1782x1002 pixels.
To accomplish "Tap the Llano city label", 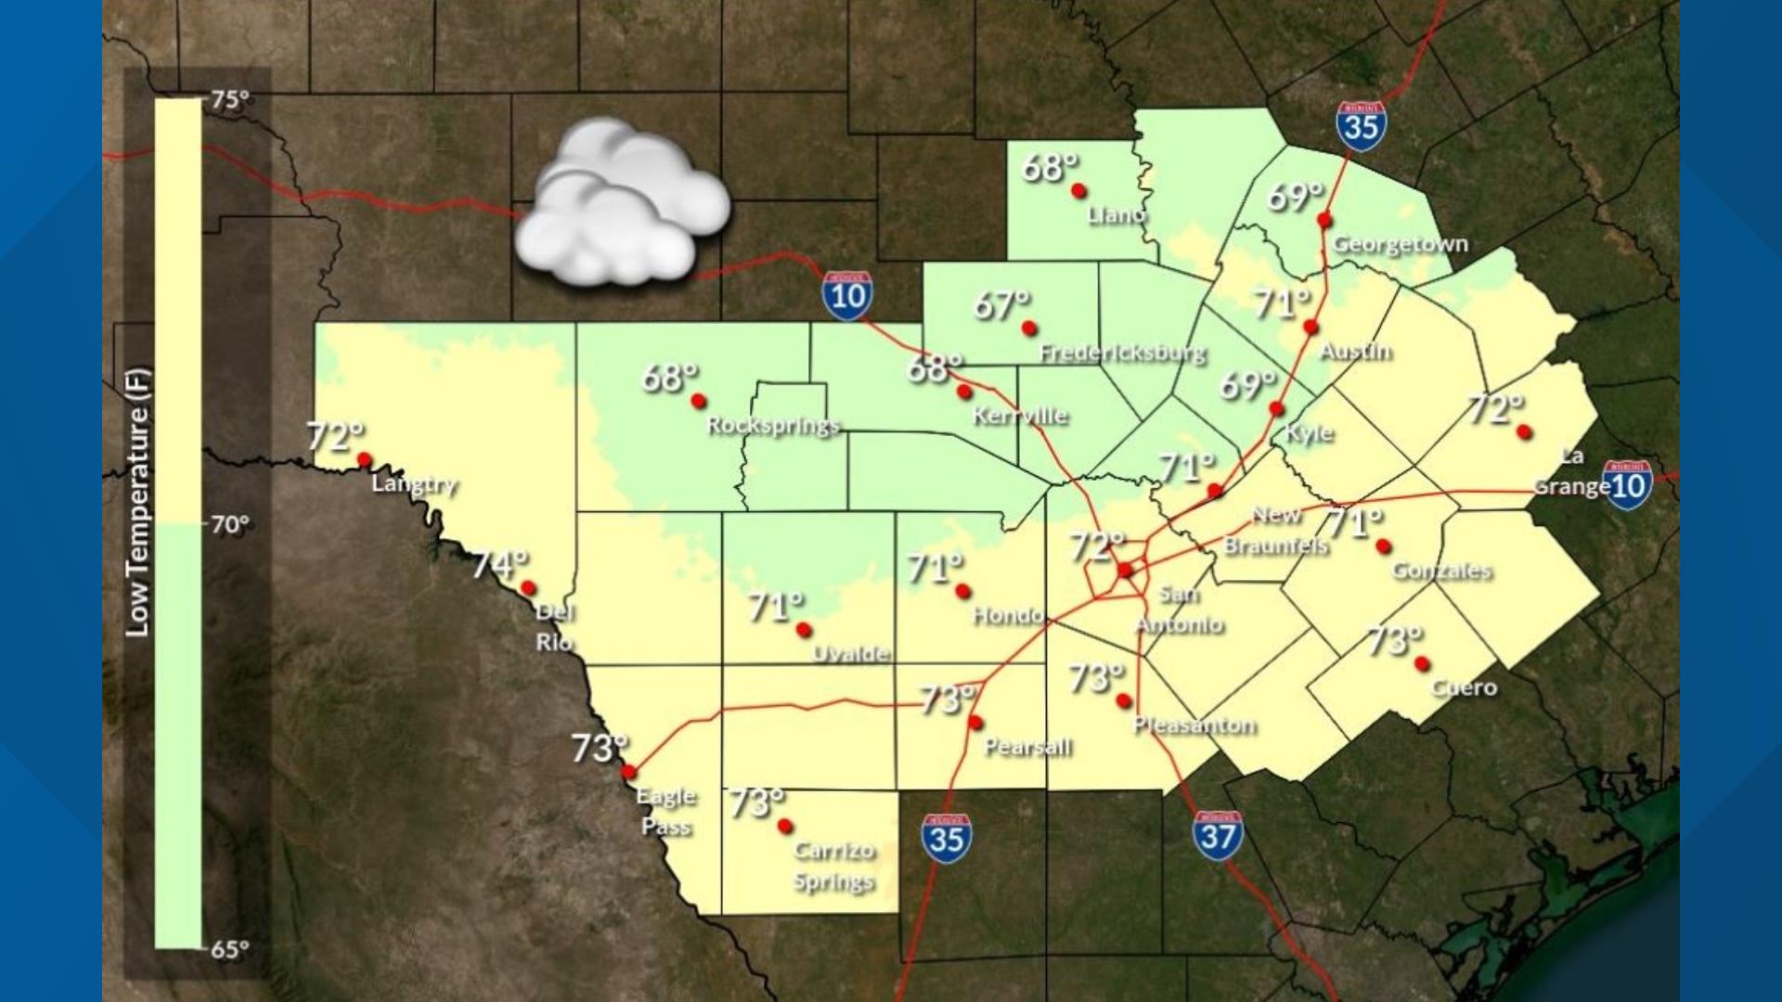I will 1117,215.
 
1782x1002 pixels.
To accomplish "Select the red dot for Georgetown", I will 1324,220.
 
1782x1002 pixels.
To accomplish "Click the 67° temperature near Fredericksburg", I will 1001,304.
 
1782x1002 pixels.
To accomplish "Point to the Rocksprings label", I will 773,426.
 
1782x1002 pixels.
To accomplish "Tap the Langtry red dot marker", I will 365,459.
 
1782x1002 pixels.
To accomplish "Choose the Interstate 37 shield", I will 1217,837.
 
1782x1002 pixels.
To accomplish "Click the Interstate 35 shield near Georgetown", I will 1362,125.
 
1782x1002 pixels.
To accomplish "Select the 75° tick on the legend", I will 229,99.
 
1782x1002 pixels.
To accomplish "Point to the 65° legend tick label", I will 229,949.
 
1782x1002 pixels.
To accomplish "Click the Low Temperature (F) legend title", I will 137,503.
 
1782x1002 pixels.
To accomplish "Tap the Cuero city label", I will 1464,687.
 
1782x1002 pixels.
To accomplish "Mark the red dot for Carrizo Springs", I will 785,826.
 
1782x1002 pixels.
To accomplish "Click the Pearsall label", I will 1027,747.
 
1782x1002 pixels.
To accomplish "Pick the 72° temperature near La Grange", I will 1495,408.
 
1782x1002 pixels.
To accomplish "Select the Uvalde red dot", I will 804,630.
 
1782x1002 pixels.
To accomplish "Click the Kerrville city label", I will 1020,416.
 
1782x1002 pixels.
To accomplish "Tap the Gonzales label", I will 1441,571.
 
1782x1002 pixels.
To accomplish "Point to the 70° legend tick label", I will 229,525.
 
